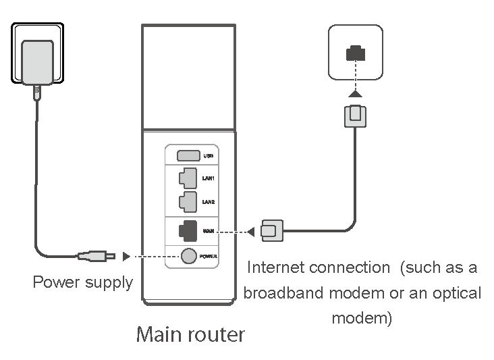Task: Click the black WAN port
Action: pyautogui.click(x=188, y=231)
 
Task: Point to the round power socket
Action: pyautogui.click(x=188, y=256)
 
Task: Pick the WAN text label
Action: pyautogui.click(x=209, y=232)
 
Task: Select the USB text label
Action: pyautogui.click(x=209, y=156)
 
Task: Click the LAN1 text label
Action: pyautogui.click(x=209, y=178)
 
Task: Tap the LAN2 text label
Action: pyautogui.click(x=209, y=201)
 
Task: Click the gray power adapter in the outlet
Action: pyautogui.click(x=38, y=63)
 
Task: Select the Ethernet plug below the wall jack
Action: pyautogui.click(x=355, y=115)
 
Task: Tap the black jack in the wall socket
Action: pyautogui.click(x=355, y=53)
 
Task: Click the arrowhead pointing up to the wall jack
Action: pyautogui.click(x=355, y=93)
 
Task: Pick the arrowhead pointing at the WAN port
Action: pyautogui.click(x=250, y=232)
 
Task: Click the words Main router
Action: pyautogui.click(x=190, y=334)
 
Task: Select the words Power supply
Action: pyautogui.click(x=83, y=282)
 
